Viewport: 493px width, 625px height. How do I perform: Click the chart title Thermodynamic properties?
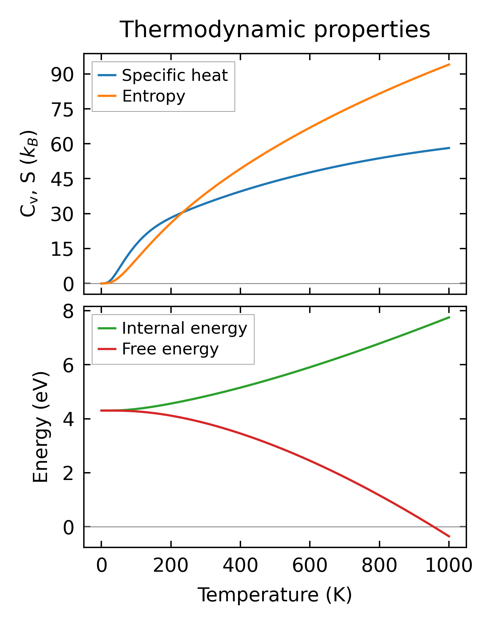point(275,30)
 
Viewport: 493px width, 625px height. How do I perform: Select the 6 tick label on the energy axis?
point(68,365)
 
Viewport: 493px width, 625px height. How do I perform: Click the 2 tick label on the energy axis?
point(68,473)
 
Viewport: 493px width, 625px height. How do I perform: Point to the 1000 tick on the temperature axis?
point(449,566)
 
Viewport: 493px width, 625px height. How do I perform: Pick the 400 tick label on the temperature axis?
point(240,566)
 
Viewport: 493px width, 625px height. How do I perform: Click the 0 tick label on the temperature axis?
point(102,566)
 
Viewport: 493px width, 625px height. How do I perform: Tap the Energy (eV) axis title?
point(41,427)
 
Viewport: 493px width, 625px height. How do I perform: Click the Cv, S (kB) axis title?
point(29,174)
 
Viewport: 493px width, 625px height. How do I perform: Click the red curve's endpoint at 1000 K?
point(449,537)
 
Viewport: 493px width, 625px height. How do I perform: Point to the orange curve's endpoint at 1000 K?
point(449,64)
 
